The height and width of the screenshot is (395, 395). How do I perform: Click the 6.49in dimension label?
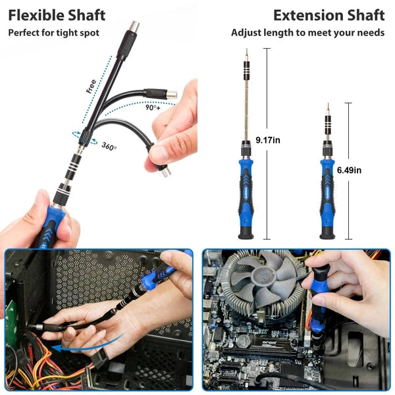pos(349,170)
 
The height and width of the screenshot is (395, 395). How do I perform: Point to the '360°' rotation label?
pos(109,146)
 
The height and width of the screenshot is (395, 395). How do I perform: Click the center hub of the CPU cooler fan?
pos(259,276)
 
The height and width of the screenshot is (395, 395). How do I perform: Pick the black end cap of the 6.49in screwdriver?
pos(327,232)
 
